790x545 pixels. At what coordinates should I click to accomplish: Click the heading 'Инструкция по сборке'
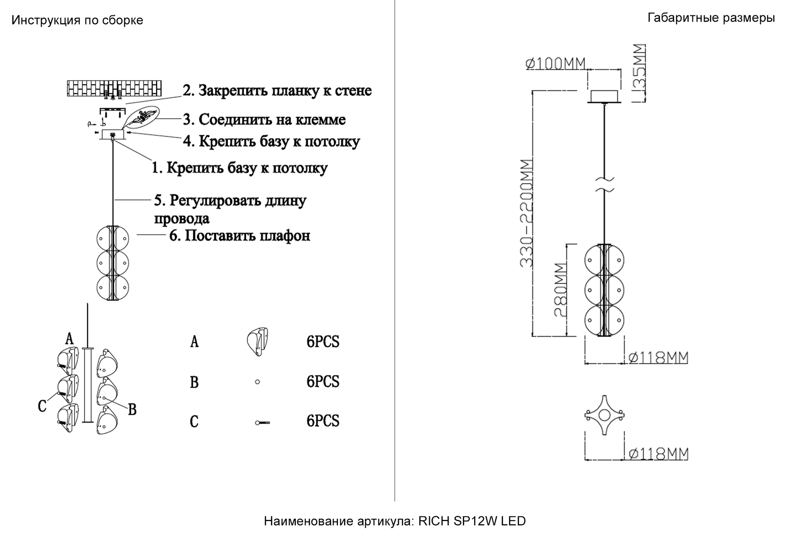(77, 20)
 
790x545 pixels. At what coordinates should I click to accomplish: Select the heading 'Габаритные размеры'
(711, 18)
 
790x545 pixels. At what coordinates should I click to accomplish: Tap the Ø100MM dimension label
(556, 64)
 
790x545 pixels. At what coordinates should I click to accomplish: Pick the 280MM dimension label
(560, 290)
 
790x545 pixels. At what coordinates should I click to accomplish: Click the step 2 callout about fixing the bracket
(277, 91)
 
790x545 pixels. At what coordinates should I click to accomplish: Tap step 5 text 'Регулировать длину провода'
(230, 209)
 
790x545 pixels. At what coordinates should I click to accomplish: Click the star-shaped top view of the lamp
(604, 415)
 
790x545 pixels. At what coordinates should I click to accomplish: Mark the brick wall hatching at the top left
(114, 88)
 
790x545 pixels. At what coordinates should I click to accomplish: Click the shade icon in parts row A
(257, 342)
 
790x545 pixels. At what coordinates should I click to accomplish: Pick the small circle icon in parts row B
(257, 382)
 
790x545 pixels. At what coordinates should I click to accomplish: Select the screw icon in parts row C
(262, 423)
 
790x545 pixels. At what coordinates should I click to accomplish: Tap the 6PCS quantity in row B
(323, 382)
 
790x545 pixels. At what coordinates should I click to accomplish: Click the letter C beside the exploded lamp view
(42, 406)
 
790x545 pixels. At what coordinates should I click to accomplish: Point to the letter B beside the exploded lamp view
(132, 409)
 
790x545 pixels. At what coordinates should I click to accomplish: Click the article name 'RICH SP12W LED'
(472, 521)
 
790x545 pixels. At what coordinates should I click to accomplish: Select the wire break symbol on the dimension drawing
(604, 184)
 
